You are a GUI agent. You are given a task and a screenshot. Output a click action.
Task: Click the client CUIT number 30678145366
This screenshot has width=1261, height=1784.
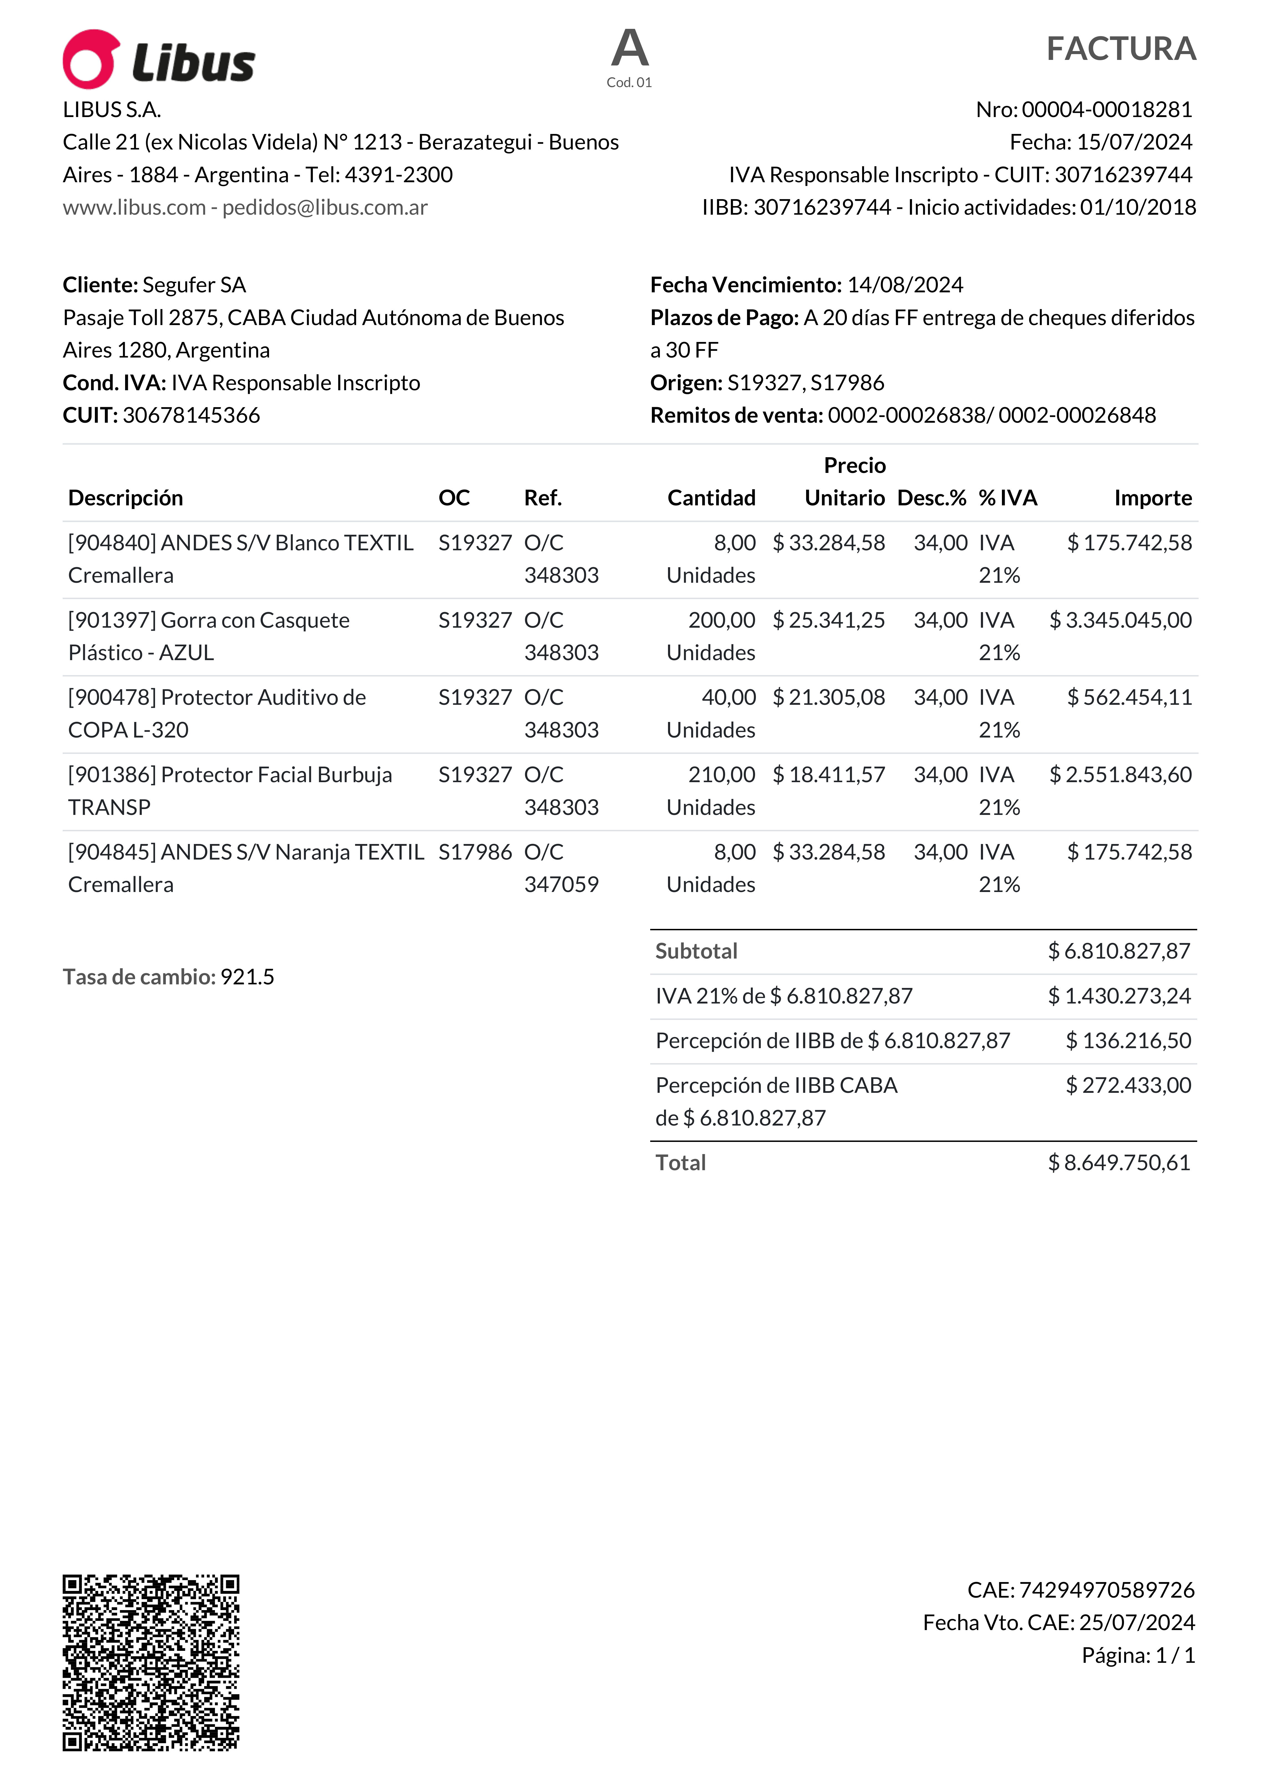point(191,415)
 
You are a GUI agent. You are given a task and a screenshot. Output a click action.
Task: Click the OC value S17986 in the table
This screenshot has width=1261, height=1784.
point(475,852)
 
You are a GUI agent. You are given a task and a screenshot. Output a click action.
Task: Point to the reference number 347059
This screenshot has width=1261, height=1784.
point(561,884)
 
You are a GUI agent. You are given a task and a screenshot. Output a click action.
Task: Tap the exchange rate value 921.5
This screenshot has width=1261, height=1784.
point(247,977)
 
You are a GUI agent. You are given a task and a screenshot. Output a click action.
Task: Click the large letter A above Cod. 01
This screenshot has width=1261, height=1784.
point(629,48)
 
